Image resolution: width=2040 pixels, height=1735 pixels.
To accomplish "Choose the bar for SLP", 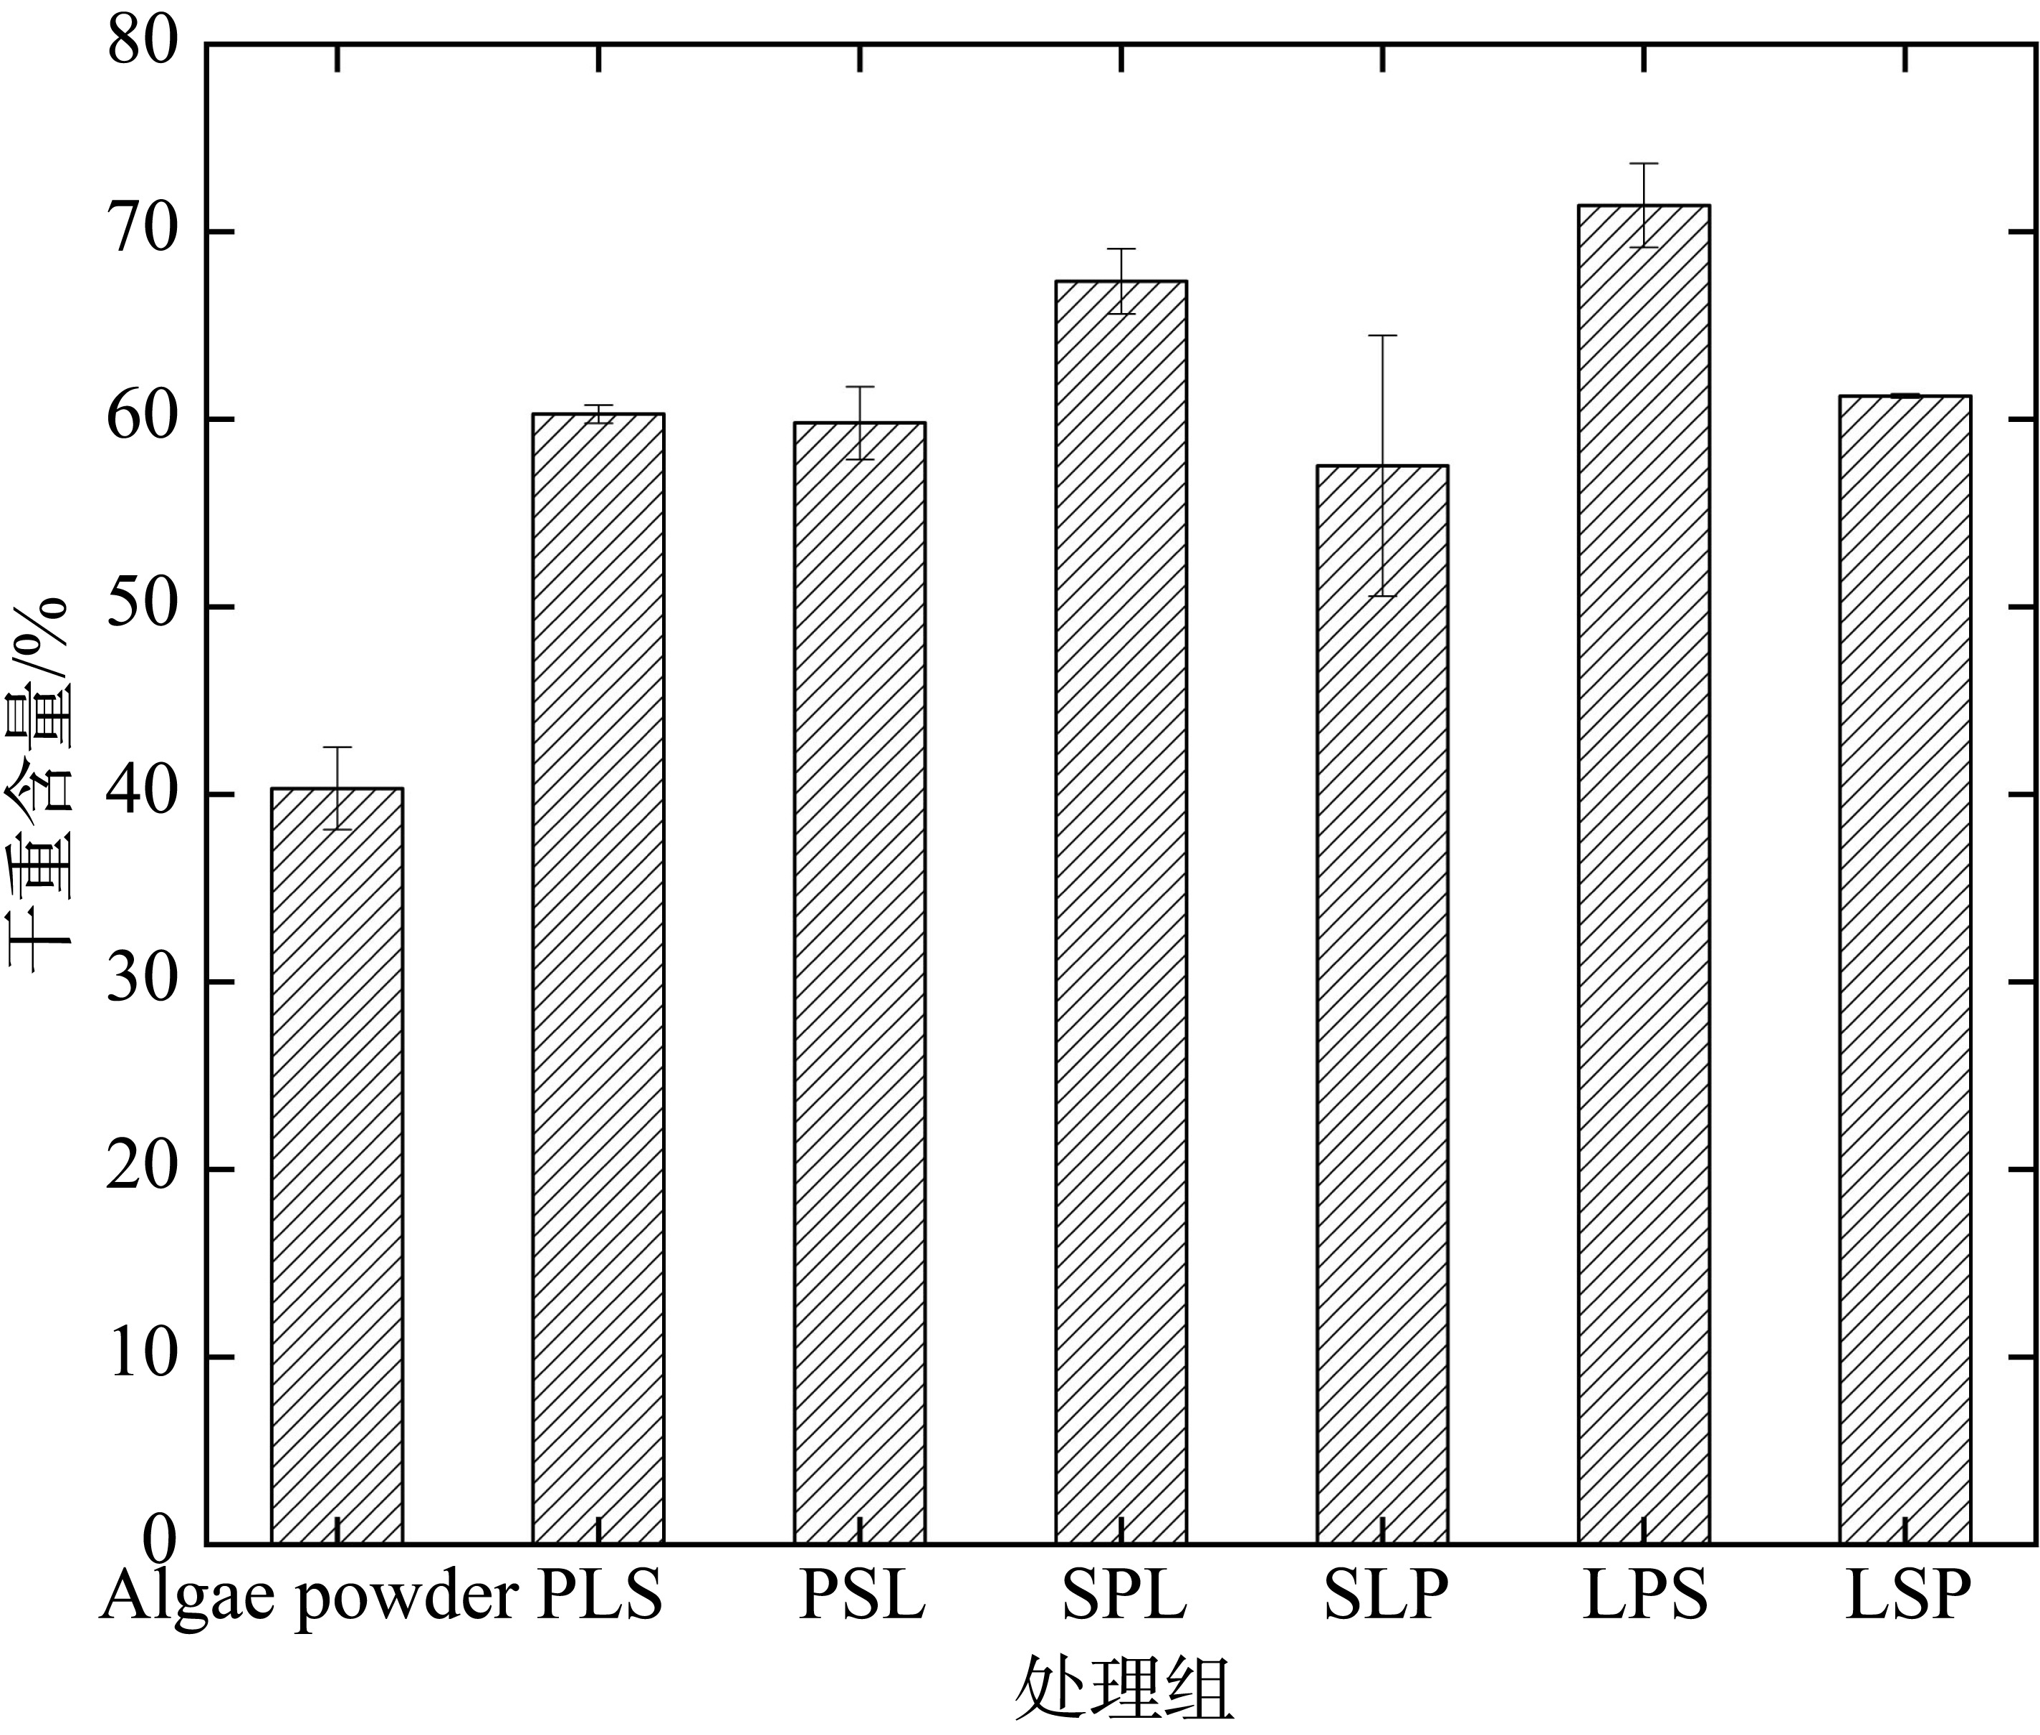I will pos(1382,1003).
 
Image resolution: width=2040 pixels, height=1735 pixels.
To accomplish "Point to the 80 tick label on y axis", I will pos(143,44).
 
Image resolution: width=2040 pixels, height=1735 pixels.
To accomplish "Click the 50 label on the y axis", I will pos(143,607).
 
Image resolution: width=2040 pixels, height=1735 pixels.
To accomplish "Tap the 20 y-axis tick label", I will pos(143,1170).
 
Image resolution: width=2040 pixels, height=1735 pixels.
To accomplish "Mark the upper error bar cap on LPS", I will pos(1644,163).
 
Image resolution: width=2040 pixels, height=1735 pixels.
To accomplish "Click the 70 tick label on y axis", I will pos(143,232).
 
